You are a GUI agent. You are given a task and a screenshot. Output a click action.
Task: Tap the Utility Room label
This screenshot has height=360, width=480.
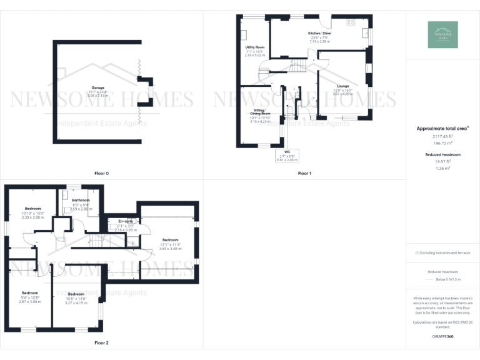pos(254,47)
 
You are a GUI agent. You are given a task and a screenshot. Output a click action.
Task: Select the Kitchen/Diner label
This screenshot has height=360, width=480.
pos(319,33)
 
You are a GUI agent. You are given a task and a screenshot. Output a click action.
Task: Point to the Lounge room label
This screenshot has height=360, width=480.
pos(342,86)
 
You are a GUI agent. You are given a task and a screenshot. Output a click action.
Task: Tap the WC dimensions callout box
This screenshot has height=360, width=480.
pos(287,155)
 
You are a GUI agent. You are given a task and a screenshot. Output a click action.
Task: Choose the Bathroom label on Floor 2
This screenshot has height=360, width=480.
pos(81,201)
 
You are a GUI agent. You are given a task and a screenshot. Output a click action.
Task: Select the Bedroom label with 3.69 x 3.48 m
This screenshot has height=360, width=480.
pos(171,240)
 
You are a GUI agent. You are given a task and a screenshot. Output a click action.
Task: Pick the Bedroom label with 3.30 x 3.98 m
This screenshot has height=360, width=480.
pos(33,208)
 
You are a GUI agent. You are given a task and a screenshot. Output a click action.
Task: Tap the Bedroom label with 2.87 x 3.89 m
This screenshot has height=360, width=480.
pos(30,293)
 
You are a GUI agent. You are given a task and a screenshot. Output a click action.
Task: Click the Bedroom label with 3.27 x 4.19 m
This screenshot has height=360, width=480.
pos(76,294)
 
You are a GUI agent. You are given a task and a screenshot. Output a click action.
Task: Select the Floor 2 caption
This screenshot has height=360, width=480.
pos(101,343)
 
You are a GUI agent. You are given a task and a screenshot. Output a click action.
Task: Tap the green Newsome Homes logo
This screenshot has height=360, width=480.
pos(442,34)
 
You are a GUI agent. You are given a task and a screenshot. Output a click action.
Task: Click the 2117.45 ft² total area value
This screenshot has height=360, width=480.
pos(442,136)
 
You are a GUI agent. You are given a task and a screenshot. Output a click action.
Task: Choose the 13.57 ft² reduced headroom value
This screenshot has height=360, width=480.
pos(442,161)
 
